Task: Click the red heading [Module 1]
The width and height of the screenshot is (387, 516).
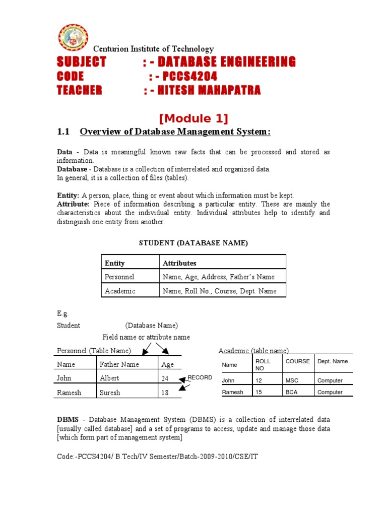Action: point(193,118)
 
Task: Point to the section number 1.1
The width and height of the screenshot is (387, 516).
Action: point(62,132)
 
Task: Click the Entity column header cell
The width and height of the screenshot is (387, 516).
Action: point(115,263)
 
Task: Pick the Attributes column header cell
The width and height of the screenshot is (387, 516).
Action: point(179,263)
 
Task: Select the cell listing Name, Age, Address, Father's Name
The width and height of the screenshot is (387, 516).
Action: point(219,277)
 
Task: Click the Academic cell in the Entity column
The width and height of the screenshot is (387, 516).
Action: point(120,291)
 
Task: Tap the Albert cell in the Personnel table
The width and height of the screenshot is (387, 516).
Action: point(110,378)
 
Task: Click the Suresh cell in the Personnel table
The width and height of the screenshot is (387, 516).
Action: point(110,392)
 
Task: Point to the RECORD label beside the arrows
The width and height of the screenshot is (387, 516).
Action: point(200,377)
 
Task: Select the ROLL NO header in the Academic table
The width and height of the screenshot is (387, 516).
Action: point(263,365)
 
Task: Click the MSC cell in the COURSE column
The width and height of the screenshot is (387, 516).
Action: point(292,380)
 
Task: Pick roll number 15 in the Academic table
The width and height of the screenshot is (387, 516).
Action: point(259,392)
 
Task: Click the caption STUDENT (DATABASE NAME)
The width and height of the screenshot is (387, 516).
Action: point(193,243)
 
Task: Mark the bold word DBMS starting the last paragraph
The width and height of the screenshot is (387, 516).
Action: point(67,420)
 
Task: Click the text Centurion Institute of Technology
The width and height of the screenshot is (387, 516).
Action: point(153,49)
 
